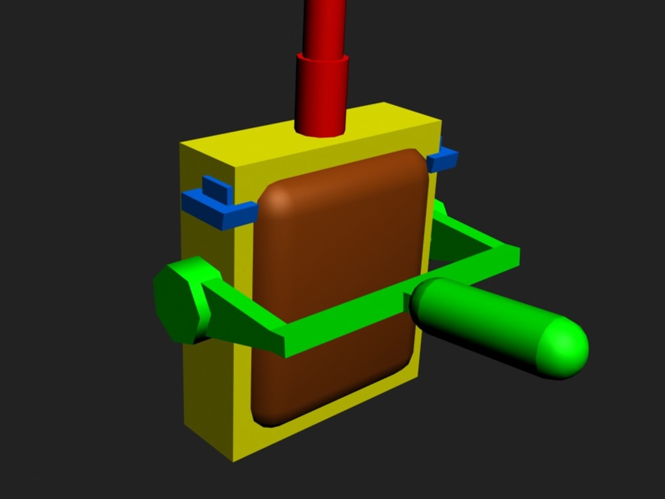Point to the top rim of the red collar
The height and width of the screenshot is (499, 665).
(322, 58)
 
